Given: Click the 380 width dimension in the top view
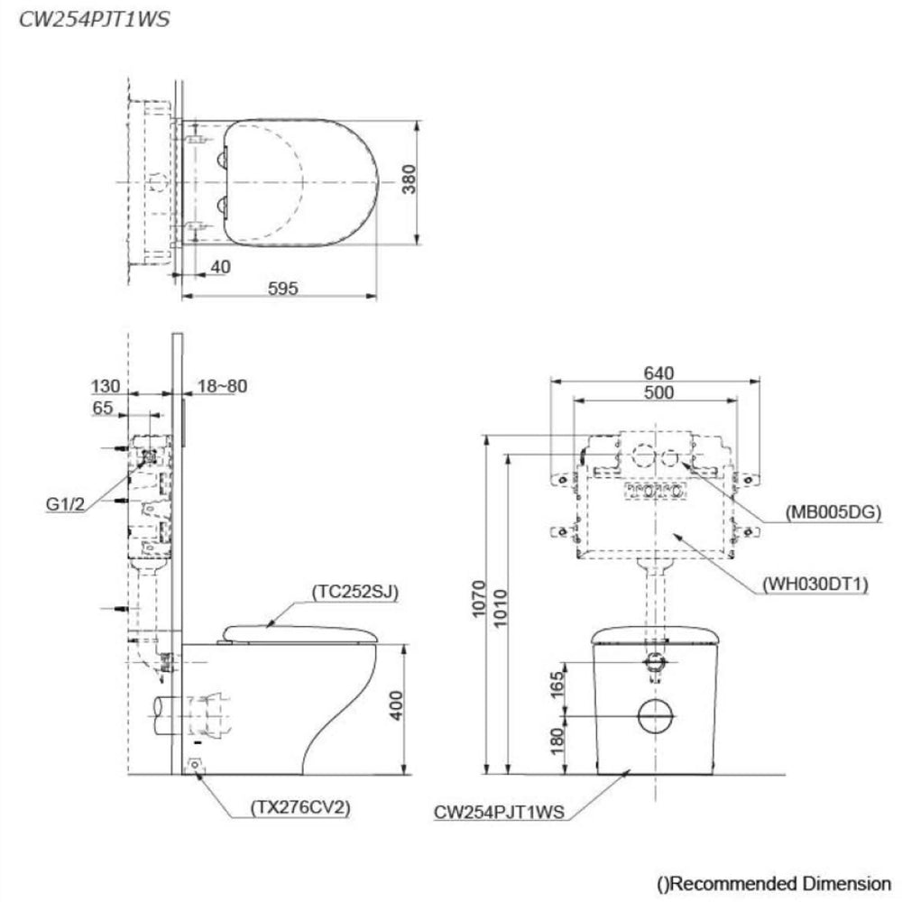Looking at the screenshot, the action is point(409,179).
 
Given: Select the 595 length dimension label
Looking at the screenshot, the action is point(283,288).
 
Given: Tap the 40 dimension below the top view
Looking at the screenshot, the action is point(220,267).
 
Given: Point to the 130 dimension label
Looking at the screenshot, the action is point(106,386).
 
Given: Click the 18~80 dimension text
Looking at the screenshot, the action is point(223,386).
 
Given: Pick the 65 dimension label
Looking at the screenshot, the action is point(103,408).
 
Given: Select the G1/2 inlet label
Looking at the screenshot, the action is point(65,504).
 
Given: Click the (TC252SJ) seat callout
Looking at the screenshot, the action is point(354,592).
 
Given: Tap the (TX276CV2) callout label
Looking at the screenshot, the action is point(300,807).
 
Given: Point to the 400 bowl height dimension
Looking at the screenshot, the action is point(397,705).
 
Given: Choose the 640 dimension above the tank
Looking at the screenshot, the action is point(658,373).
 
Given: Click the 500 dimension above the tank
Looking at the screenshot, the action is point(658,393).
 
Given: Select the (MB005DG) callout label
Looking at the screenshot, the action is point(833,511).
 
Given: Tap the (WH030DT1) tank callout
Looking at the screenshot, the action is point(815,584).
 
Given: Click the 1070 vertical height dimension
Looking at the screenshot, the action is point(479,599).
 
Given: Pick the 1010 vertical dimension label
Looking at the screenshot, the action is point(501,608).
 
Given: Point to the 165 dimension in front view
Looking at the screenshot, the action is point(557,685).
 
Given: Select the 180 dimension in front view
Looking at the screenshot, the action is point(557,742).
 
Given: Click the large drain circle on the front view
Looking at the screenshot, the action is point(655,716).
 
